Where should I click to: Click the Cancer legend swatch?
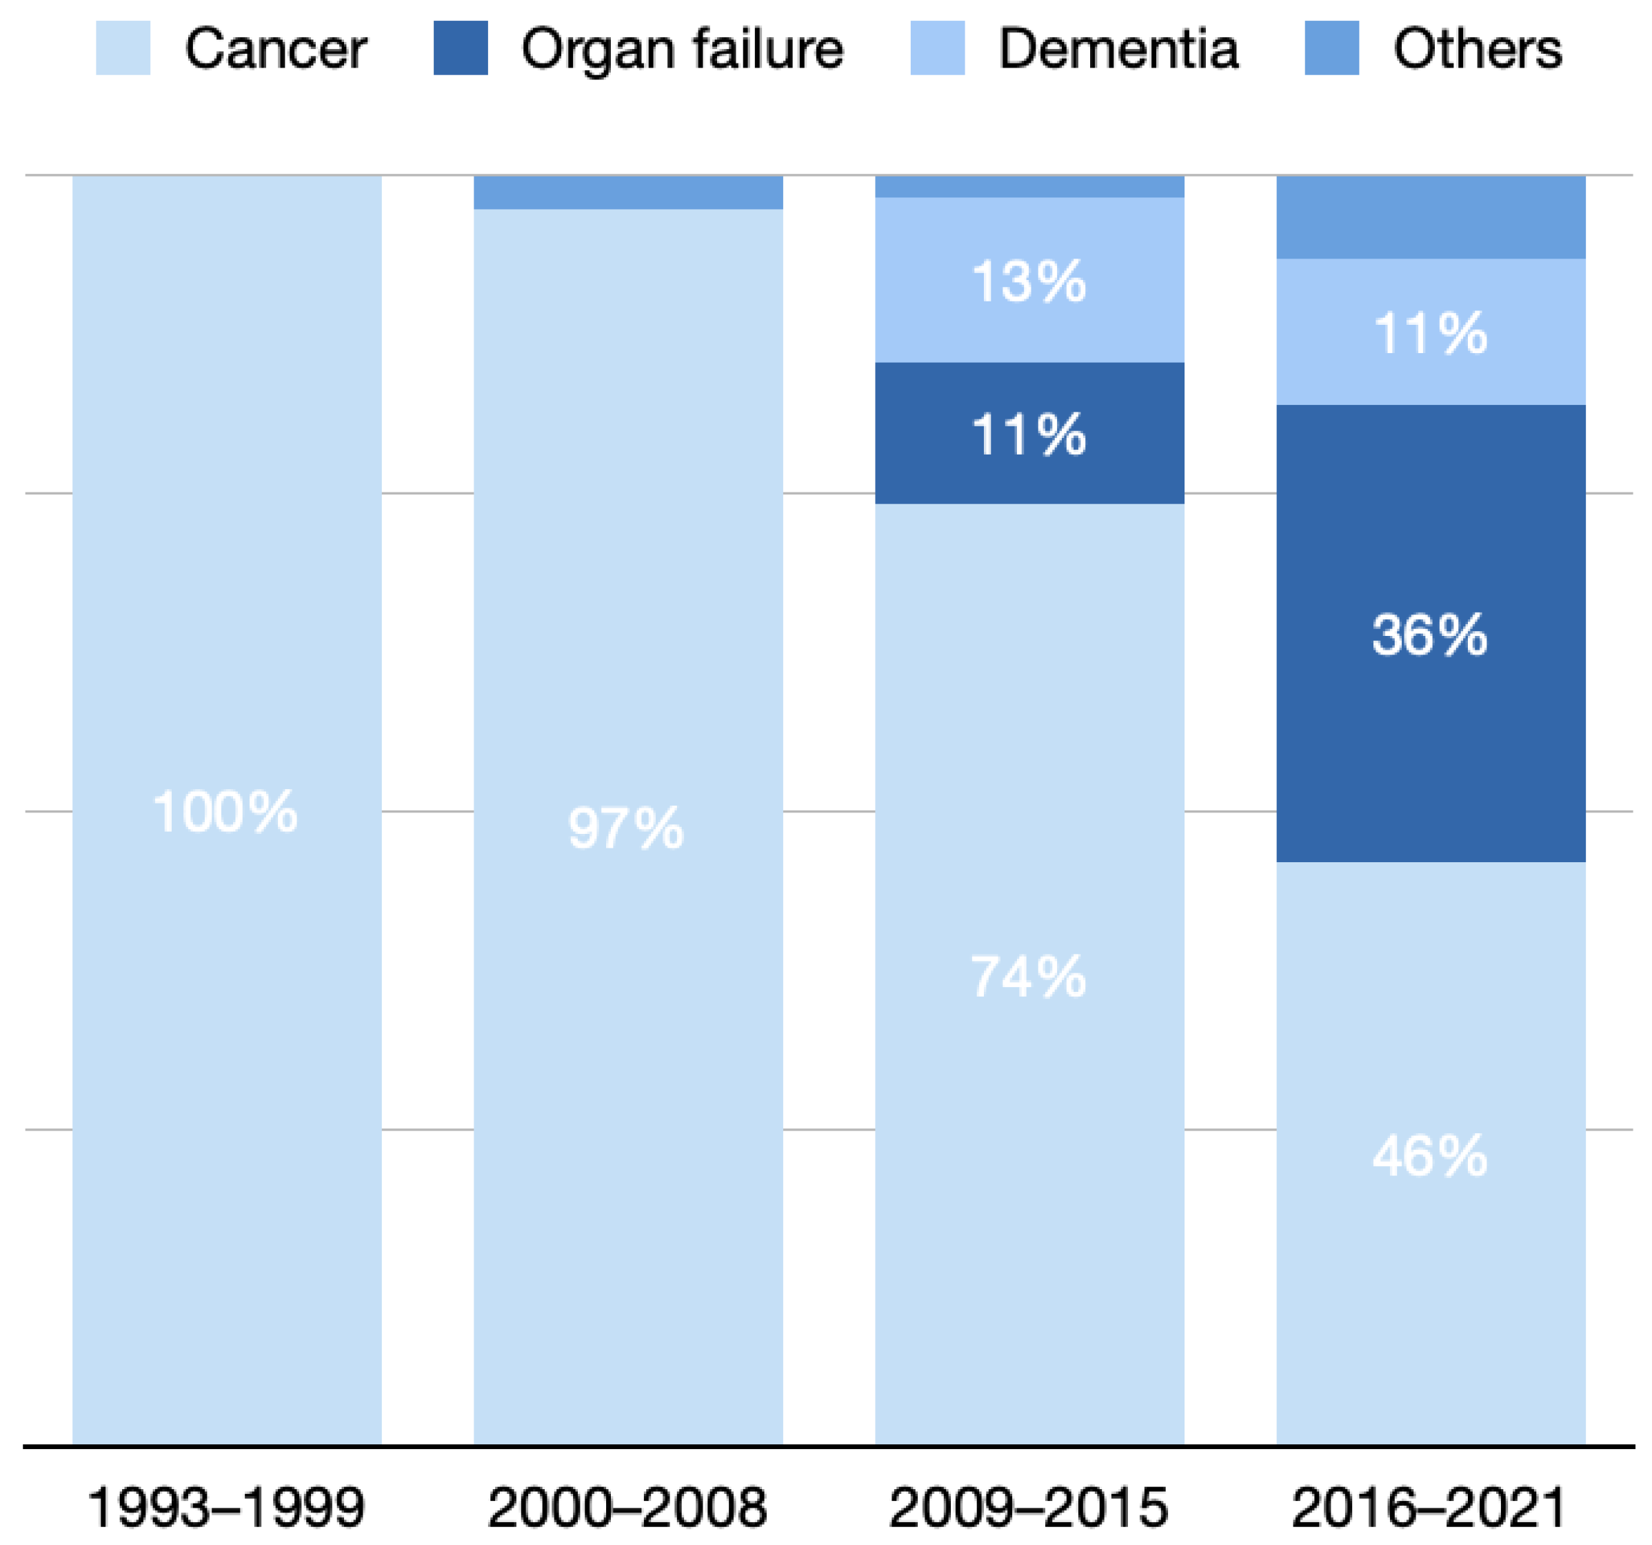point(123,48)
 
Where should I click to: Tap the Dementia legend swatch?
point(938,48)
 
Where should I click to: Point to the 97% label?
point(626,828)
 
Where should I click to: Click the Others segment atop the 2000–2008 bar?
point(628,192)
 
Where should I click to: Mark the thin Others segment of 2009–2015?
point(1029,186)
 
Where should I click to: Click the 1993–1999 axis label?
point(225,1507)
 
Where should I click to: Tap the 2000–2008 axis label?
point(627,1507)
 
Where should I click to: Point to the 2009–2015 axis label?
point(1029,1507)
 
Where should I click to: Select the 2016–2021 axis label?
point(1429,1507)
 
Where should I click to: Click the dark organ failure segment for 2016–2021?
point(1429,748)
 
